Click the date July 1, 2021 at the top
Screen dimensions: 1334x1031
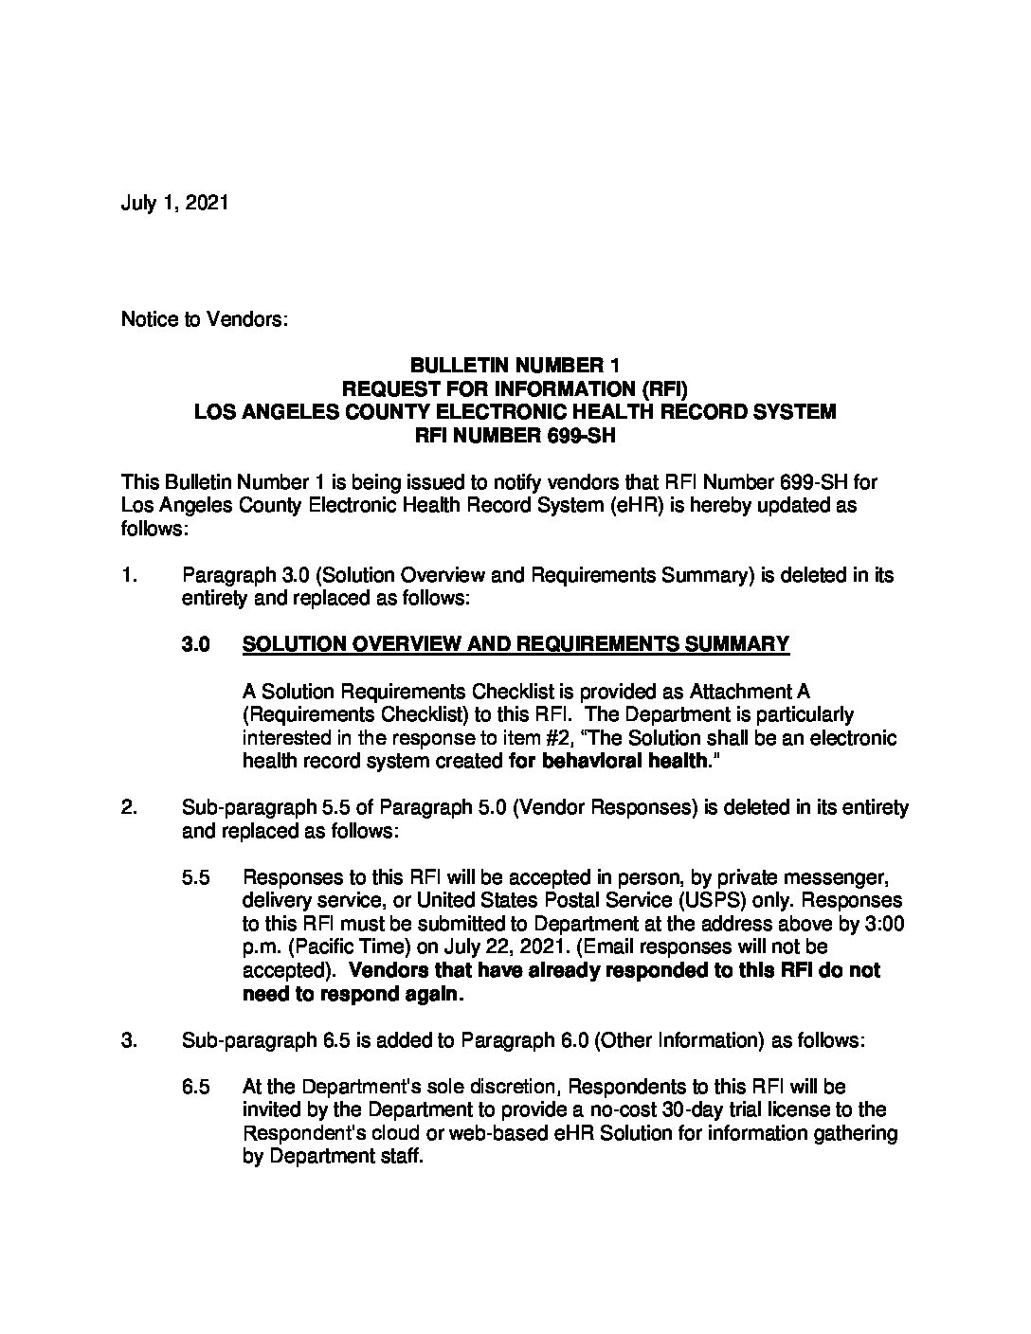click(x=174, y=204)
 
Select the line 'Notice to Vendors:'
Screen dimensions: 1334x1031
click(x=204, y=319)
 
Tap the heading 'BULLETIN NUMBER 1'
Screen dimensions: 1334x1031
click(x=515, y=366)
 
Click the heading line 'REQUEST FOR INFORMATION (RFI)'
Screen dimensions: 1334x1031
click(x=515, y=389)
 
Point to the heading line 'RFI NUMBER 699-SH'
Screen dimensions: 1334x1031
click(x=515, y=436)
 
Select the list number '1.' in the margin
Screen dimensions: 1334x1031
click(x=130, y=575)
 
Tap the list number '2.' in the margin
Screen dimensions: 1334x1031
click(x=130, y=807)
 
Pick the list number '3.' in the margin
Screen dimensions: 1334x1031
click(x=130, y=1040)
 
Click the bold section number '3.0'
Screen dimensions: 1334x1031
click(x=195, y=645)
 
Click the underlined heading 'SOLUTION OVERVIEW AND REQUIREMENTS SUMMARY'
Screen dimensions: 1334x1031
click(x=515, y=645)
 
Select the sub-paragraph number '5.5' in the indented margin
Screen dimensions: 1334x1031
click(x=195, y=877)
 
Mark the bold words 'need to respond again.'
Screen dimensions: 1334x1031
click(x=353, y=994)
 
